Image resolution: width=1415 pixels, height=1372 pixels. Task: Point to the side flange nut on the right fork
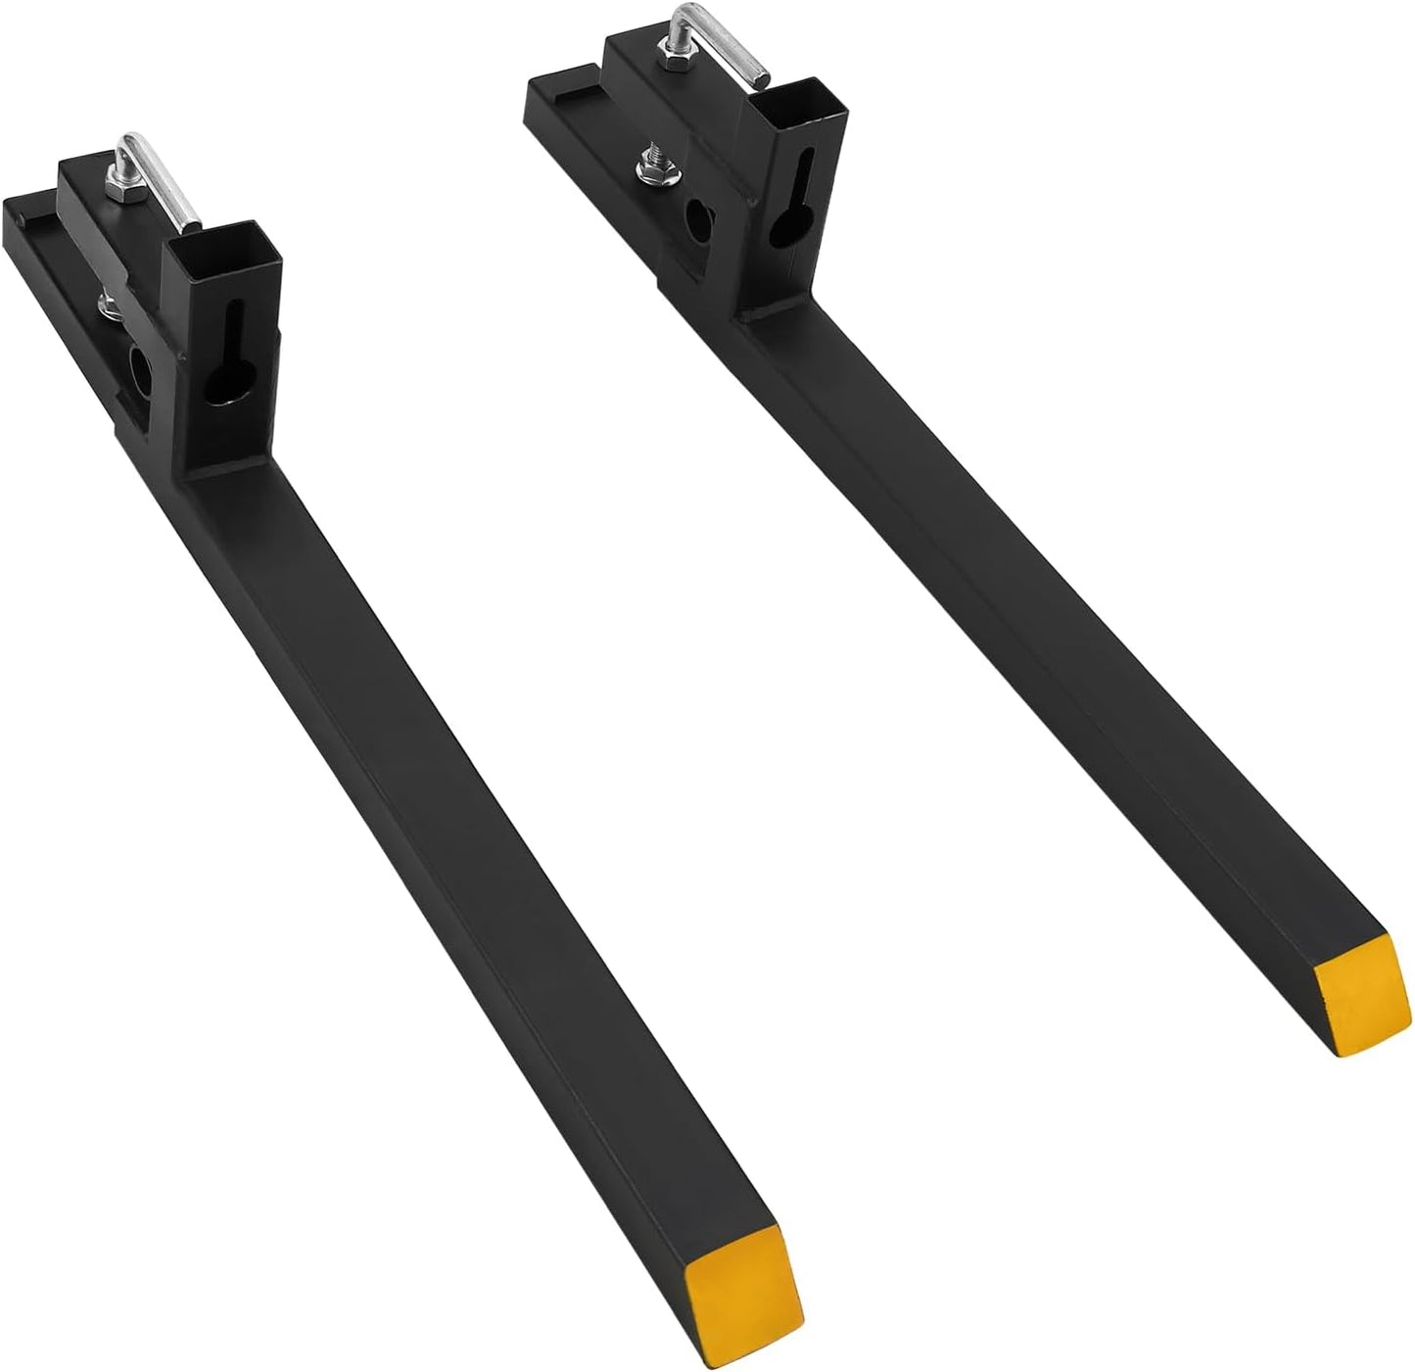pos(648,169)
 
